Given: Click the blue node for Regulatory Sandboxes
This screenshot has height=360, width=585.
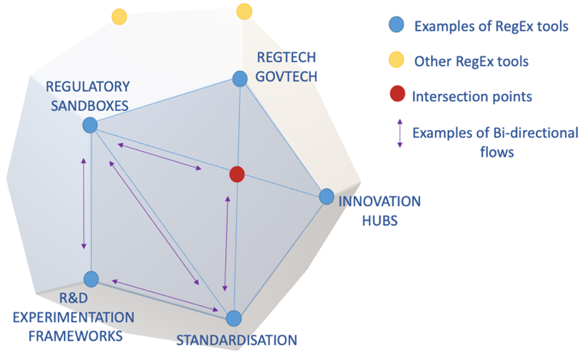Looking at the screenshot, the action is tap(90, 125).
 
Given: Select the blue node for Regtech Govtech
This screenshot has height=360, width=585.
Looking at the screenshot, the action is tap(240, 79).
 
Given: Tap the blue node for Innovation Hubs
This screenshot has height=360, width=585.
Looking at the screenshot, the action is tap(327, 196).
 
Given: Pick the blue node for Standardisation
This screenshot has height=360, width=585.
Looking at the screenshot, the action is tap(234, 318).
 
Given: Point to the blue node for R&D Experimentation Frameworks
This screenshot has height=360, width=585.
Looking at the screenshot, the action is tap(91, 279).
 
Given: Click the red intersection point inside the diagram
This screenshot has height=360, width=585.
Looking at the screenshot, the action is tap(237, 174).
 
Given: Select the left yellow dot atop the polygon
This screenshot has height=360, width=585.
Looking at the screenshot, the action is tap(119, 17).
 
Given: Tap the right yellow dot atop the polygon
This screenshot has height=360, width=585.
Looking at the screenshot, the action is tap(245, 11).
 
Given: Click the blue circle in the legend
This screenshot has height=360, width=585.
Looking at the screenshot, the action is tap(396, 25).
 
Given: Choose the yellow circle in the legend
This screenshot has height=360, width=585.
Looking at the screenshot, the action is tap(396, 60).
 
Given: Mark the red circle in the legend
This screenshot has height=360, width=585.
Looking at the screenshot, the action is tap(397, 94).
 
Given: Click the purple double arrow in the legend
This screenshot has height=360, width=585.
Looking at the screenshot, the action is tap(399, 133).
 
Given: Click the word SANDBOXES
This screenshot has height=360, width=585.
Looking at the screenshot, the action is tap(89, 106).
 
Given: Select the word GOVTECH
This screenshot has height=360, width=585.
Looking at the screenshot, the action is tap(286, 76).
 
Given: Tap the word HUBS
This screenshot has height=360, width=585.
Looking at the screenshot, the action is tap(380, 221).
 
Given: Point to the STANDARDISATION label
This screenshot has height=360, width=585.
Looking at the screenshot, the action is tap(237, 340).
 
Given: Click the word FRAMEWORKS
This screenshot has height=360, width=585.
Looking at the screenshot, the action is tap(75, 336).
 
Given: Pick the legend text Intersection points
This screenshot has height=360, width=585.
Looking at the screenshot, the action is tap(472, 96).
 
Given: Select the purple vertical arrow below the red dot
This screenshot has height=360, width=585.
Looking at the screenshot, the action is tap(226, 243).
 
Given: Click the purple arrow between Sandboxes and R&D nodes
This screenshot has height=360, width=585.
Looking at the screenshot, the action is tap(83, 203).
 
